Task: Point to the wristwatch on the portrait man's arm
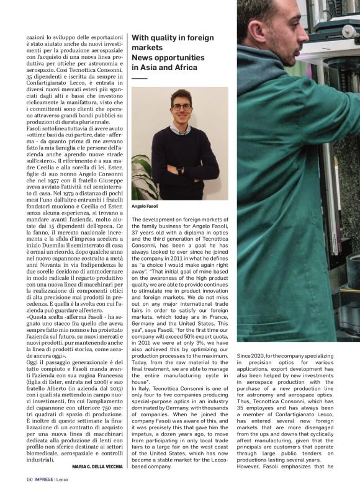click(178, 169)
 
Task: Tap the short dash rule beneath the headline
click(140, 79)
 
